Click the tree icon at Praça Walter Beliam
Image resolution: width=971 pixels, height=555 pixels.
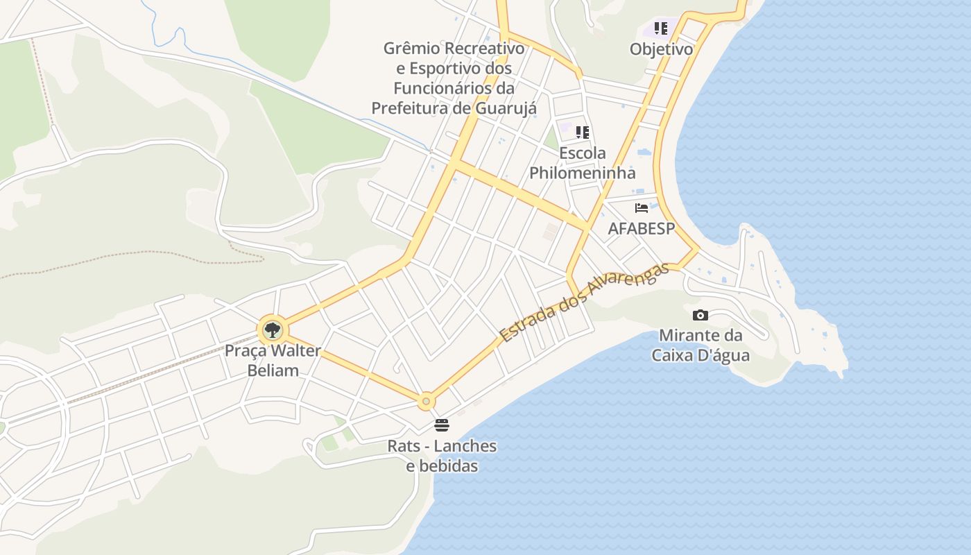click(x=272, y=330)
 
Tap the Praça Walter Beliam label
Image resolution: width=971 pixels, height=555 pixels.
click(x=273, y=360)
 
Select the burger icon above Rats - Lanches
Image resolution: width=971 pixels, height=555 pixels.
click(x=442, y=425)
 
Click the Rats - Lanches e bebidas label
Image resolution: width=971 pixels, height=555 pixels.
click(x=442, y=455)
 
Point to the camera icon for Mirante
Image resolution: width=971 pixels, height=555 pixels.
click(x=701, y=315)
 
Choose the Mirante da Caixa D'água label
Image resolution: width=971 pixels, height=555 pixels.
click(x=701, y=345)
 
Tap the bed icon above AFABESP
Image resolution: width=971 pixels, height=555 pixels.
click(x=642, y=208)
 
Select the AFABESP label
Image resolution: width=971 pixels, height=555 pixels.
click(x=642, y=228)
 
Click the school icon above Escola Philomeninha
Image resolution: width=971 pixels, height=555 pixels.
click(x=583, y=133)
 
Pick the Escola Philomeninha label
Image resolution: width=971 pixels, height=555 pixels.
click(x=583, y=162)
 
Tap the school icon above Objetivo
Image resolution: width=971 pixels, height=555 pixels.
click(x=661, y=29)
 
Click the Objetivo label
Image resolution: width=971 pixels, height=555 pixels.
click(x=661, y=49)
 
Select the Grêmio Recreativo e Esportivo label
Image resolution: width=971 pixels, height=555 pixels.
click(x=454, y=78)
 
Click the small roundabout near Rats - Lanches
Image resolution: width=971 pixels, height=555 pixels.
click(x=426, y=401)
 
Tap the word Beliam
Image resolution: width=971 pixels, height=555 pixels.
click(x=273, y=370)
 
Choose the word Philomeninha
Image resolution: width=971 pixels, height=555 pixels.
click(x=583, y=173)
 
